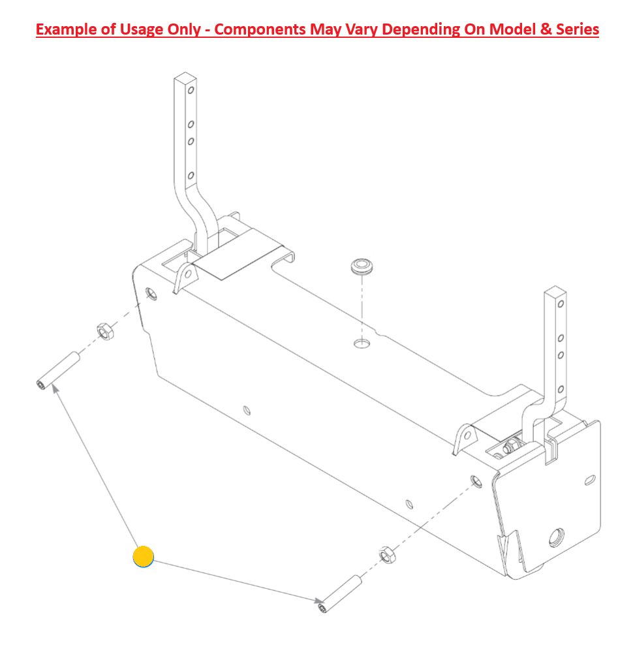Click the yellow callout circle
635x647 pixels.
point(143,557)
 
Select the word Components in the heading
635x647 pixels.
point(260,29)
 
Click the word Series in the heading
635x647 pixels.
point(578,29)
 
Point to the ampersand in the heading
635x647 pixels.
point(546,29)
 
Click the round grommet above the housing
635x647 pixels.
point(362,266)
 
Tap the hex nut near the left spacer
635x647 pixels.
point(106,332)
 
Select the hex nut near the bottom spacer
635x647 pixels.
point(387,554)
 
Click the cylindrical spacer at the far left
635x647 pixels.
point(58,370)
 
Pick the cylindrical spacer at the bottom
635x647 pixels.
point(340,593)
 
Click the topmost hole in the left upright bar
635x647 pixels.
point(191,90)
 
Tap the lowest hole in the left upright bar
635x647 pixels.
point(191,176)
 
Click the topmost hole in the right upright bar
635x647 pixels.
point(561,304)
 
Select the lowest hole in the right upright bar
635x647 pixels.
point(561,389)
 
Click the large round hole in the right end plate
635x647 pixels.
point(556,538)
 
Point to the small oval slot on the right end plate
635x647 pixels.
point(590,481)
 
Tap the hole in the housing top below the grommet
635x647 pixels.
point(362,343)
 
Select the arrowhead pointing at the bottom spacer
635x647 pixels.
point(318,601)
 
